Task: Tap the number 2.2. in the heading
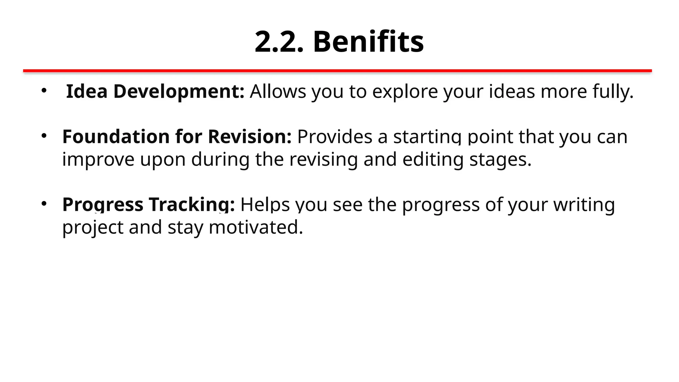coord(279,42)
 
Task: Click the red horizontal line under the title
coord(337,71)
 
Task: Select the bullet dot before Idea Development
coord(44,90)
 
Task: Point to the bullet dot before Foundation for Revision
coord(44,136)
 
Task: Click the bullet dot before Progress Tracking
coord(44,204)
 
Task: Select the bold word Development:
coord(179,92)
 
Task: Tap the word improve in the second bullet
coord(98,160)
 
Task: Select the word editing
coord(433,160)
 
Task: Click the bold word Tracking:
coord(192,205)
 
